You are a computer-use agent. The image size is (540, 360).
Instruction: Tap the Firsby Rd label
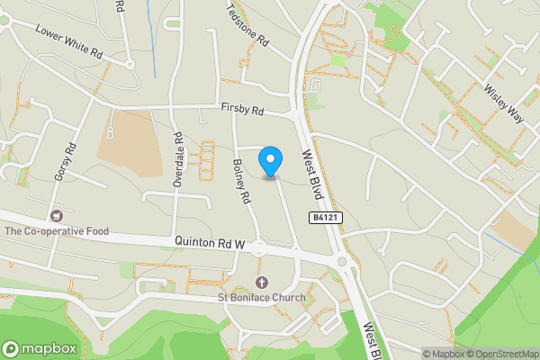pyautogui.click(x=243, y=111)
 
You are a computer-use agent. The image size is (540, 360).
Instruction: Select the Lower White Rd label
pyautogui.click(x=70, y=40)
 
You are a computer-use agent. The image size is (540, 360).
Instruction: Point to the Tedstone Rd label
pyautogui.click(x=248, y=26)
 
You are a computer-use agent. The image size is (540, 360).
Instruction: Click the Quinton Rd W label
pyautogui.click(x=210, y=242)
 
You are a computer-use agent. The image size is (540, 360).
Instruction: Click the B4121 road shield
pyautogui.click(x=328, y=218)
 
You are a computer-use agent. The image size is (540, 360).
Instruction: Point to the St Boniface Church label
pyautogui.click(x=261, y=298)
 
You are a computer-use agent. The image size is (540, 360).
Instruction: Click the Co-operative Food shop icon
pyautogui.click(x=58, y=216)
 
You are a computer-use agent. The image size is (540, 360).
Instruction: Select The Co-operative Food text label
pyautogui.click(x=56, y=231)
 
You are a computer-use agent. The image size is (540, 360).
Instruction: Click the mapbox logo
pyautogui.click(x=39, y=348)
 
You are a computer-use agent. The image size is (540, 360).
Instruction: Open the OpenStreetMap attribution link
pyautogui.click(x=501, y=353)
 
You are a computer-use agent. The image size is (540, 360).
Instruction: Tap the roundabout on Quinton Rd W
pyautogui.click(x=342, y=263)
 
